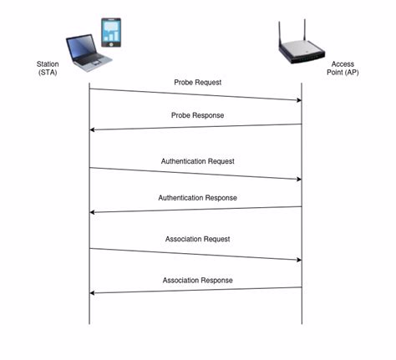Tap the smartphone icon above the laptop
pos(112,33)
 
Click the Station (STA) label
pos(47,68)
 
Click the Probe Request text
pos(197,83)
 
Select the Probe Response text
pos(198,114)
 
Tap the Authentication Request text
pos(198,160)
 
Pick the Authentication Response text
pos(198,197)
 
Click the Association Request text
pos(198,239)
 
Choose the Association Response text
pos(198,280)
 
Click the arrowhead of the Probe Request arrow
pos(297,100)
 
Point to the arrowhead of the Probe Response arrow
pos(94,129)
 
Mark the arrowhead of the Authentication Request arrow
pos(297,180)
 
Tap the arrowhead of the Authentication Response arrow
pos(94,212)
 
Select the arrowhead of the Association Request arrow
pos(297,260)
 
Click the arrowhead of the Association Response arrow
pos(94,292)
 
